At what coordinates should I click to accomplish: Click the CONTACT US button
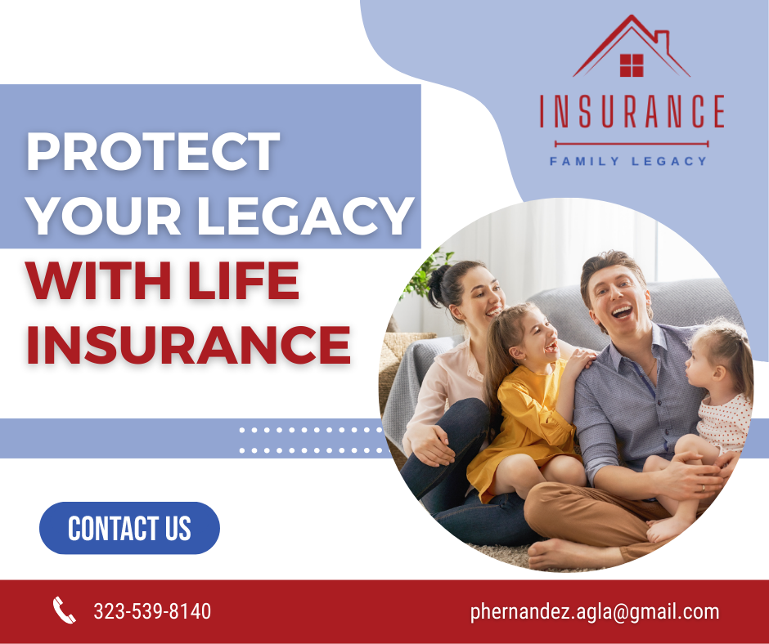pyautogui.click(x=129, y=528)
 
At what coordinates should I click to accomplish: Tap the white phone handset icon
pyautogui.click(x=65, y=610)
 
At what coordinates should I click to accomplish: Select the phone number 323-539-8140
pyautogui.click(x=152, y=611)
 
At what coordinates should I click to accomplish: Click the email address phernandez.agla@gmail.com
pyautogui.click(x=595, y=612)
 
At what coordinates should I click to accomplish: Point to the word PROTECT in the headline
pyautogui.click(x=154, y=151)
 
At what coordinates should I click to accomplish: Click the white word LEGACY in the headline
pyautogui.click(x=305, y=215)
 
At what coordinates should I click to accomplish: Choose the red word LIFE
pyautogui.click(x=244, y=280)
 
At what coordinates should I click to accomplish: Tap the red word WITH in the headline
pyautogui.click(x=98, y=280)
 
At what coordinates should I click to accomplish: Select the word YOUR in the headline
pyautogui.click(x=104, y=215)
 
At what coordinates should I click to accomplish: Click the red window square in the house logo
pyautogui.click(x=632, y=65)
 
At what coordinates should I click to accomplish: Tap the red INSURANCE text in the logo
pyautogui.click(x=632, y=111)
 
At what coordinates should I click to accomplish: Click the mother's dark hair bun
pyautogui.click(x=436, y=287)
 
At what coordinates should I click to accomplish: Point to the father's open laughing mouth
pyautogui.click(x=622, y=311)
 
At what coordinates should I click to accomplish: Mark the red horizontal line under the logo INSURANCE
pyautogui.click(x=632, y=144)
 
